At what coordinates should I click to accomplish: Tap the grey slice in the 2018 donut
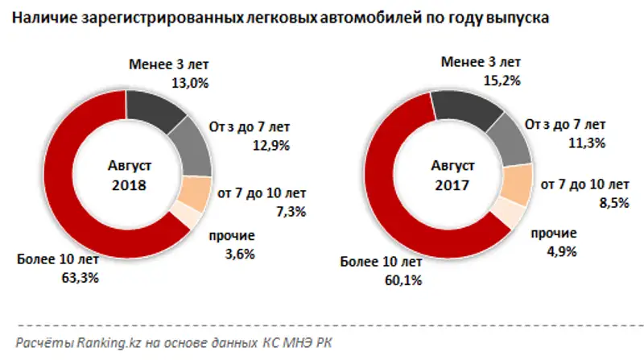(x=192, y=145)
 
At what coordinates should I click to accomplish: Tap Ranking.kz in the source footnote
(x=103, y=343)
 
